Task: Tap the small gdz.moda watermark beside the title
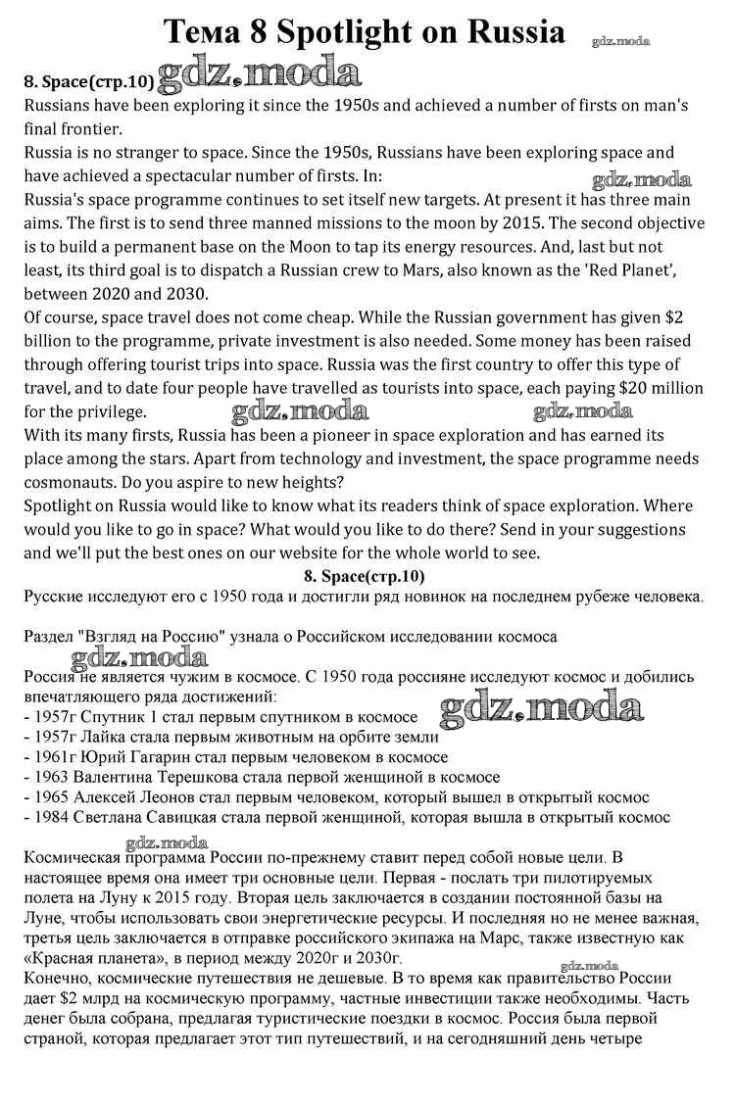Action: point(621,41)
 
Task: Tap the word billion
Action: point(52,341)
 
